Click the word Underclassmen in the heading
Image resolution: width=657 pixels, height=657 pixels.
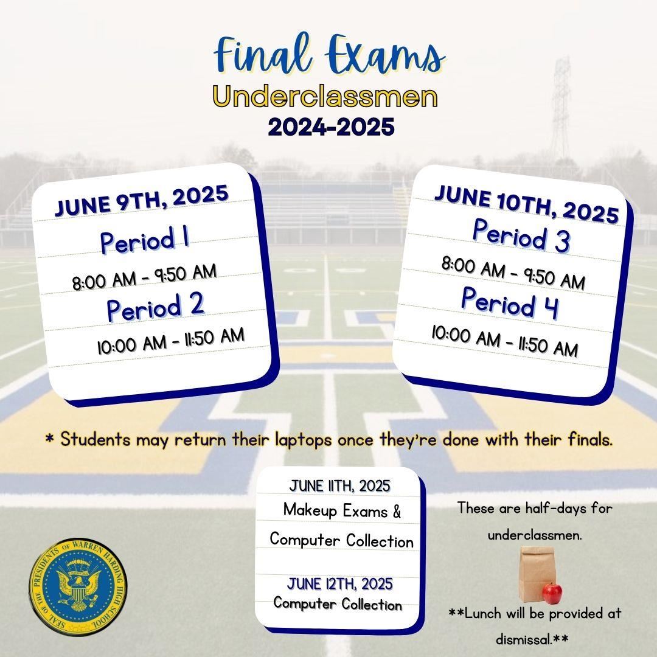[x=325, y=97]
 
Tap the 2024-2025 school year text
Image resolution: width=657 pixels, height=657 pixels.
[x=331, y=127]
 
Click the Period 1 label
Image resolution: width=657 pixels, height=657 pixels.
[x=145, y=239]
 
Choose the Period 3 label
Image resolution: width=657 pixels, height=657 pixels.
[x=521, y=235]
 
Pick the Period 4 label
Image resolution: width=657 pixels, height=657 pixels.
[x=510, y=302]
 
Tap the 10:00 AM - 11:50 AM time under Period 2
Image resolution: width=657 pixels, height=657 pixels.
[x=170, y=341]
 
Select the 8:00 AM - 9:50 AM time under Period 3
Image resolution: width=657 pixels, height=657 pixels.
[x=513, y=273]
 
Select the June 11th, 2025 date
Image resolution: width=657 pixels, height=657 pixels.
[x=339, y=486]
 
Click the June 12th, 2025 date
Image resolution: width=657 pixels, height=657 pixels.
[x=340, y=583]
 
